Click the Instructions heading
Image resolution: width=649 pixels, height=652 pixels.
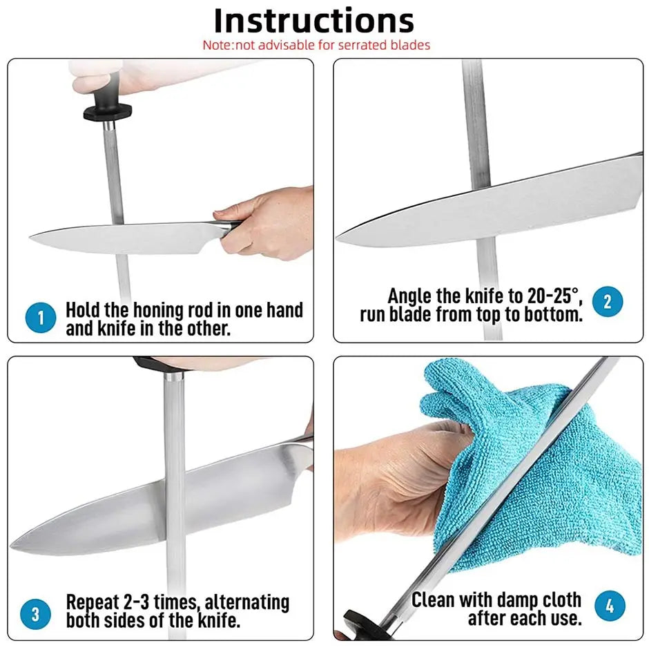pos(314,21)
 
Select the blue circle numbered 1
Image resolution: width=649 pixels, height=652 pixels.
pos(41,318)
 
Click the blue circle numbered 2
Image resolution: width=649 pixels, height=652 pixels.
pos(608,301)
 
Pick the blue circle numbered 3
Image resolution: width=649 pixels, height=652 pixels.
pos(36,614)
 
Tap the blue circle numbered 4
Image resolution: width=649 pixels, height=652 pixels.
pos(610,606)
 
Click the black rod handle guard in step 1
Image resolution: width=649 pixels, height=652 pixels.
pos(108,112)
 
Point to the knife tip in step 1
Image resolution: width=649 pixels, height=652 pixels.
pos(30,238)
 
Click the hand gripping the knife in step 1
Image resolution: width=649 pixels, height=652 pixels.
pos(265,223)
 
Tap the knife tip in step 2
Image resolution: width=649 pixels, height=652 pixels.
pos(337,238)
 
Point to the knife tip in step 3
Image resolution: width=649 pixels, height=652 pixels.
pos(12,543)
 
